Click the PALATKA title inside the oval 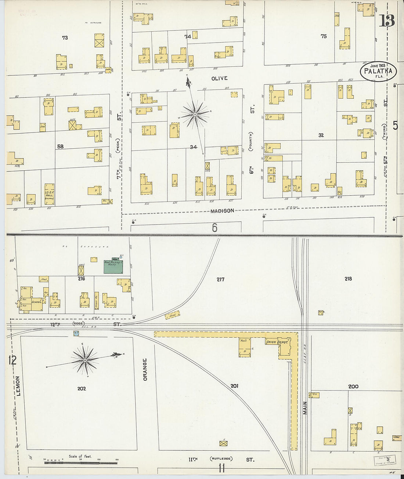pyautogui.click(x=378, y=71)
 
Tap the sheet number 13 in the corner pyautogui.click(x=387, y=21)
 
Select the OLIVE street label pyautogui.click(x=219, y=78)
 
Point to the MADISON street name pyautogui.click(x=222, y=211)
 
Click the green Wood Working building pyautogui.click(x=113, y=266)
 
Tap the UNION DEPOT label pyautogui.click(x=277, y=342)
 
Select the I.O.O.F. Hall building pyautogui.click(x=49, y=194)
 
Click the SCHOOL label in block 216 pyautogui.click(x=36, y=302)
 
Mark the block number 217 pyautogui.click(x=220, y=279)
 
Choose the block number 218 pyautogui.click(x=348, y=279)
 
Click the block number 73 pyautogui.click(x=65, y=37)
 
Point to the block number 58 pyautogui.click(x=60, y=146)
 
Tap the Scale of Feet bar pyautogui.click(x=81, y=463)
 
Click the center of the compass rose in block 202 pyautogui.click(x=85, y=360)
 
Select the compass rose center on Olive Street pyautogui.click(x=195, y=115)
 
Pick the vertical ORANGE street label pyautogui.click(x=145, y=369)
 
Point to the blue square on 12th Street pyautogui.click(x=76, y=334)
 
